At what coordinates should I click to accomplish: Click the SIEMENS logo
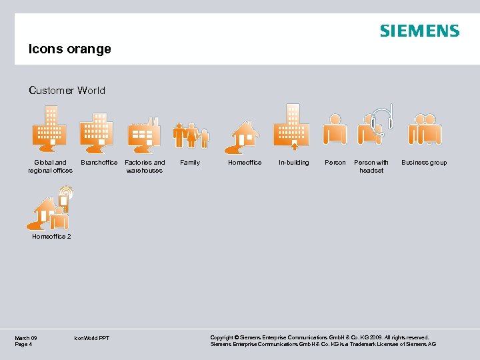click(419, 31)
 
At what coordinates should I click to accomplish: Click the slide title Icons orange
click(69, 49)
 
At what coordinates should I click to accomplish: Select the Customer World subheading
click(67, 91)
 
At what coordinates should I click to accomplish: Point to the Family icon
click(191, 135)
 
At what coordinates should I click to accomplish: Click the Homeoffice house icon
click(243, 137)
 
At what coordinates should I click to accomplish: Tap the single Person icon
click(335, 129)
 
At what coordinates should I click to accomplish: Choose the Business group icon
click(425, 129)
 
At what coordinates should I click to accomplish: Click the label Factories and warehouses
click(145, 166)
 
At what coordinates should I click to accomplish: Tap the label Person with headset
click(371, 166)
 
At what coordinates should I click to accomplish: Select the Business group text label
click(424, 163)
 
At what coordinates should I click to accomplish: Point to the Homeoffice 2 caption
click(51, 236)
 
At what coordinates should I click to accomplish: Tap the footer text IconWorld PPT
click(92, 338)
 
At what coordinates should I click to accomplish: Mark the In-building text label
click(294, 163)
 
